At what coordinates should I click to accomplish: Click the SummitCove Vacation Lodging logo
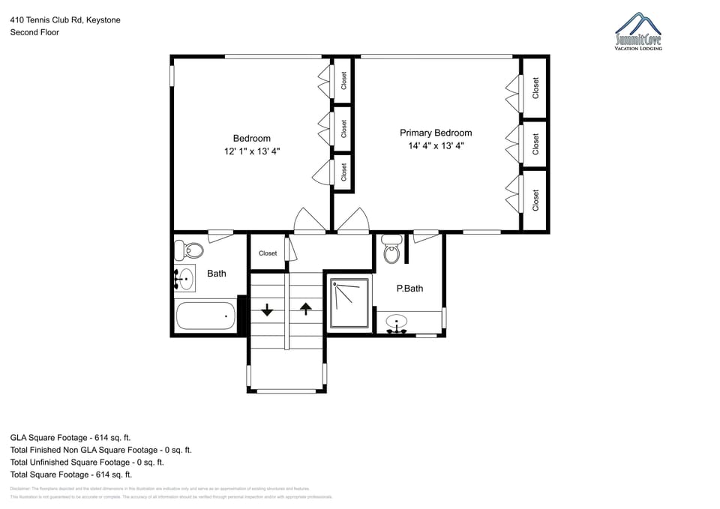pyautogui.click(x=638, y=31)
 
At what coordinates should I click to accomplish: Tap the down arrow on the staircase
pyautogui.click(x=267, y=308)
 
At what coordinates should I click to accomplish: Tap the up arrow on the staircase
pyautogui.click(x=305, y=307)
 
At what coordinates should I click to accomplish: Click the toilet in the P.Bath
pyautogui.click(x=391, y=250)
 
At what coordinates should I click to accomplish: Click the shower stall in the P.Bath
pyautogui.click(x=350, y=304)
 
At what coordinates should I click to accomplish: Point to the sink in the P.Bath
pyautogui.click(x=397, y=323)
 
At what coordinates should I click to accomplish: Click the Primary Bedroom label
pyautogui.click(x=436, y=133)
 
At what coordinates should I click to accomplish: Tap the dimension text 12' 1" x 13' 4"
pyautogui.click(x=252, y=151)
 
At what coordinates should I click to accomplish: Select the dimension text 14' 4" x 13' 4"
pyautogui.click(x=436, y=146)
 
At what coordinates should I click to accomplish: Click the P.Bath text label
pyautogui.click(x=409, y=289)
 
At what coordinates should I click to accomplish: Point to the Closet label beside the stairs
pyautogui.click(x=268, y=253)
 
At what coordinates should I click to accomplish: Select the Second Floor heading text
pyautogui.click(x=34, y=32)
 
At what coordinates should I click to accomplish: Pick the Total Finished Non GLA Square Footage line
pyautogui.click(x=100, y=450)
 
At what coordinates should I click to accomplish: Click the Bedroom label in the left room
pyautogui.click(x=252, y=138)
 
